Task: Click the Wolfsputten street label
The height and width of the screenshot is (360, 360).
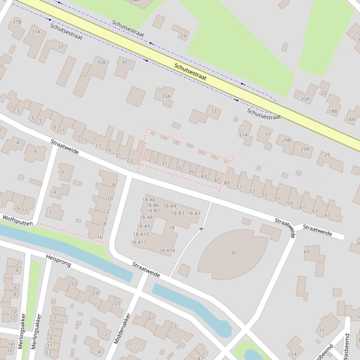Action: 17,220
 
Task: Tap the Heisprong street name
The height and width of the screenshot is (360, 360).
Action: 58,261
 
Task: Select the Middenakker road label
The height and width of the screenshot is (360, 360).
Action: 122,329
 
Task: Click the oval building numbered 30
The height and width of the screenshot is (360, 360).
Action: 233,253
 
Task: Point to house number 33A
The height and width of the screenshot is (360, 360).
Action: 166,96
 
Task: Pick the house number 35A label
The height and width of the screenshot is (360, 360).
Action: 101,62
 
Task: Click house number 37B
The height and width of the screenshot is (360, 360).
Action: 17,22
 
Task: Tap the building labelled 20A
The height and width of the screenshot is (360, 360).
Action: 305,99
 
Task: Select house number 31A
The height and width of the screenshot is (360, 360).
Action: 243,135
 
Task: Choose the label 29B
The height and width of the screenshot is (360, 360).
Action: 286,140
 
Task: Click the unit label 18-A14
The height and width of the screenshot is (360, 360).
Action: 167,251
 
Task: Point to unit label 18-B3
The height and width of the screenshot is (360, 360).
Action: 178,213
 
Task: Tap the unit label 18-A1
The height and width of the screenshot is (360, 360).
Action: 194,213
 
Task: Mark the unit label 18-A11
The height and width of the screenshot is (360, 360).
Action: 138,242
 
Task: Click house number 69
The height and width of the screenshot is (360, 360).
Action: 307,252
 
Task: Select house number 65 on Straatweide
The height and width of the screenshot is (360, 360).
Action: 327,215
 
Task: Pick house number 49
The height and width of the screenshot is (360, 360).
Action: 227,183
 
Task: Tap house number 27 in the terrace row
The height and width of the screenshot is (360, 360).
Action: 151,159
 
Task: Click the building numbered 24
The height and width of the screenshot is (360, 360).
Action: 183,36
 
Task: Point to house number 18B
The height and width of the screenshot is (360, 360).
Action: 332,111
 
